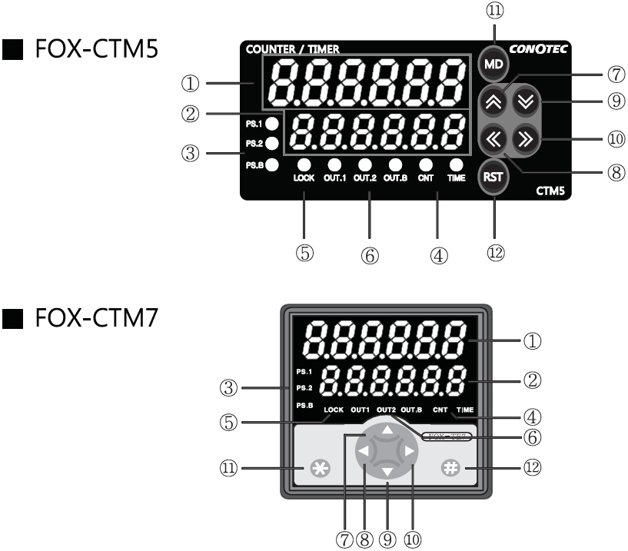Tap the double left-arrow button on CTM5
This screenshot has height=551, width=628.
click(x=494, y=139)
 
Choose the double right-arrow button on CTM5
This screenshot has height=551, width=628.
click(x=525, y=139)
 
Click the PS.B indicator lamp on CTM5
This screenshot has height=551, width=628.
click(x=271, y=164)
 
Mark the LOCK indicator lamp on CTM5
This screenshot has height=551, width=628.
click(x=304, y=164)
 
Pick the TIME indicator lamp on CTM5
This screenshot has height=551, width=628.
click(x=457, y=164)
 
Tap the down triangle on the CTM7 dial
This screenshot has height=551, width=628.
click(x=387, y=472)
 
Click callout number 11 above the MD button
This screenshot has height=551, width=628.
click(x=493, y=11)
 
